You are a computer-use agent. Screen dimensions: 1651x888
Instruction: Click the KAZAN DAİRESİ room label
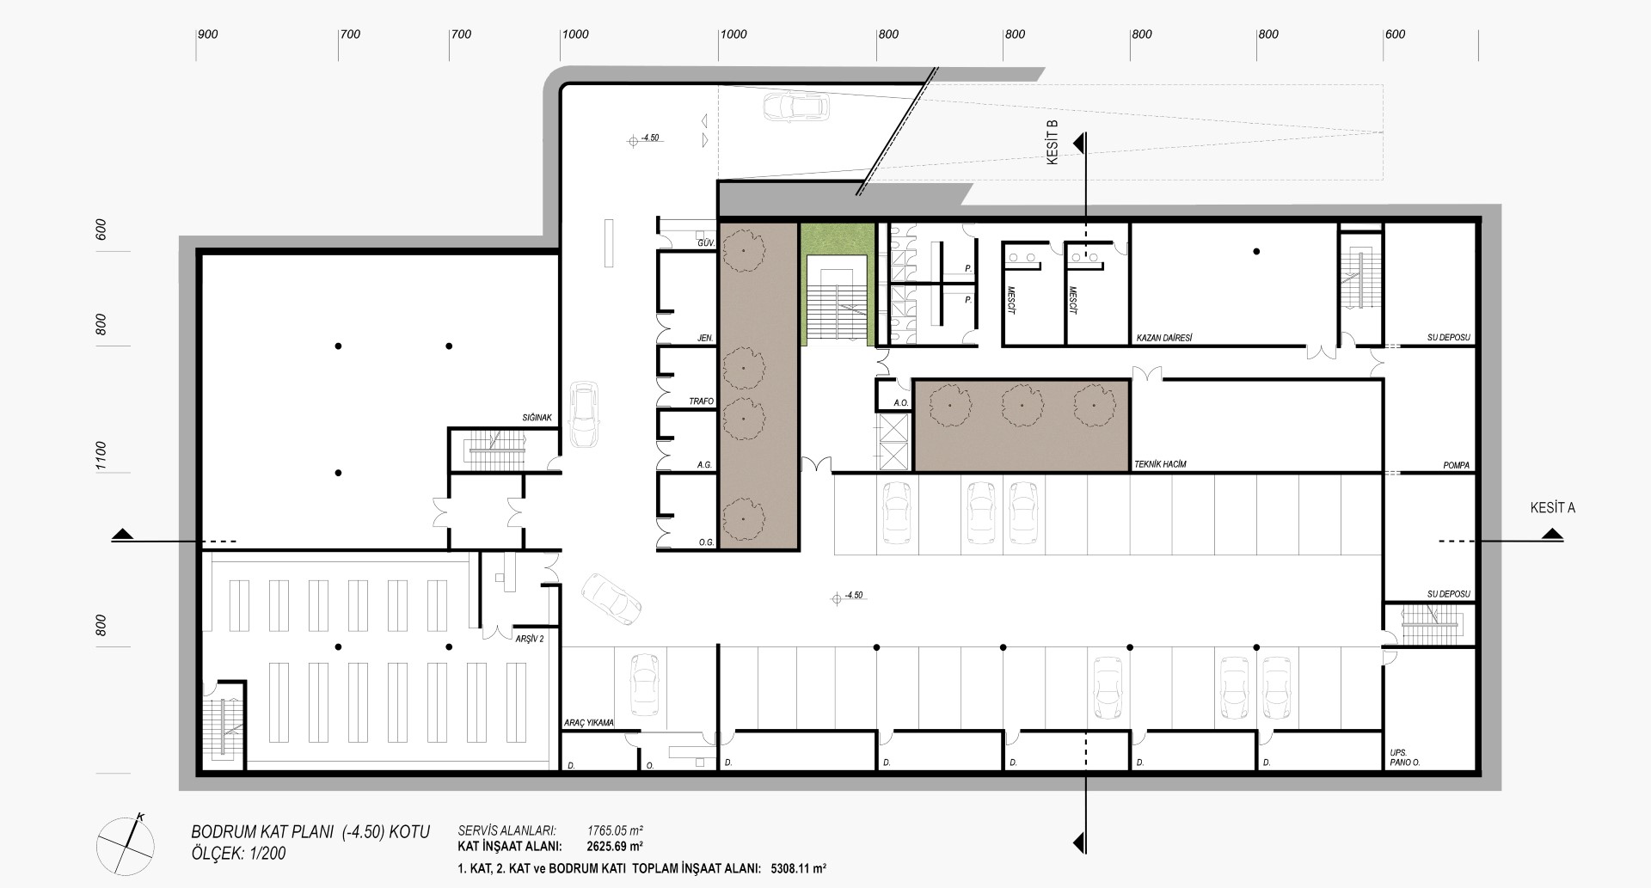coord(1164,338)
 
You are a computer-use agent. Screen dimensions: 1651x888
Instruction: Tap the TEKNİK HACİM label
coord(1161,465)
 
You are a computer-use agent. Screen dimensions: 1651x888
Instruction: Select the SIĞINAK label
coord(537,418)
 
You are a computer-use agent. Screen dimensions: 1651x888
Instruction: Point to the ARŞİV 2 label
coord(530,639)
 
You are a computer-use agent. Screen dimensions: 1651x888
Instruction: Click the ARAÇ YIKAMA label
coord(588,723)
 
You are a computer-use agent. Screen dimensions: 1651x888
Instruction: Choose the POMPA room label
coord(1457,466)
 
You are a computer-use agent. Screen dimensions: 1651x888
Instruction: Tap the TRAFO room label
coord(701,401)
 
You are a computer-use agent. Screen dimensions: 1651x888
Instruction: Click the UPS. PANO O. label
coord(1404,757)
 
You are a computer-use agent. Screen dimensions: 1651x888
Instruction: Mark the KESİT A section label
coord(1553,508)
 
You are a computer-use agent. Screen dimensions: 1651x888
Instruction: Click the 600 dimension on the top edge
coord(1395,34)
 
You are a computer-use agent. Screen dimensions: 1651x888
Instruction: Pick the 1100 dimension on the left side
coord(101,456)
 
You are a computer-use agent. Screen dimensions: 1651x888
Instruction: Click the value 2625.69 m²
coord(615,845)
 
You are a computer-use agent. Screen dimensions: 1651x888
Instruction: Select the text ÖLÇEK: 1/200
coord(239,854)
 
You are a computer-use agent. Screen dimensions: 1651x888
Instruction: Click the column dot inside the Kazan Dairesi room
coord(1256,252)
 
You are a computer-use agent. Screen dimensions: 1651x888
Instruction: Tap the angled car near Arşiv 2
coord(611,599)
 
